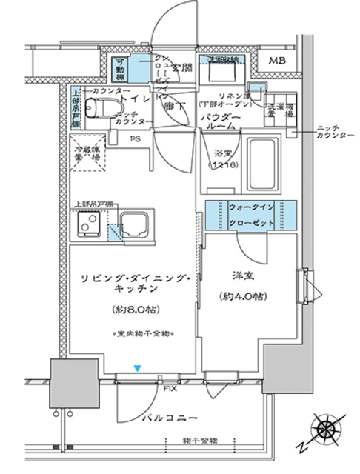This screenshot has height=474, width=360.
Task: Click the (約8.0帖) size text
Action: [134, 309]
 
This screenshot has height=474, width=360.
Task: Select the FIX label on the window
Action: [168, 387]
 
